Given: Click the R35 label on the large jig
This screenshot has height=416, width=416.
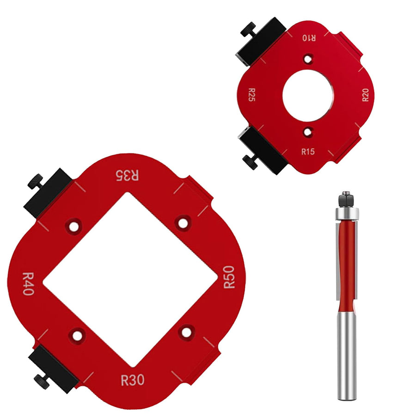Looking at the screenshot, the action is click(x=128, y=175).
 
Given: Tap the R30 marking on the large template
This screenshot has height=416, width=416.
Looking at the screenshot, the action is click(x=133, y=380).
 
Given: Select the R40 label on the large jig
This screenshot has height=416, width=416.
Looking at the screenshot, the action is click(x=28, y=284).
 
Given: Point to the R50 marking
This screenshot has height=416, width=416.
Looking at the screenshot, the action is click(x=229, y=277).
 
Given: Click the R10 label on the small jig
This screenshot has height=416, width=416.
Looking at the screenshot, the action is click(x=309, y=38).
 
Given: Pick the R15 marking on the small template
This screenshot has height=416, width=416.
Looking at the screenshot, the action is click(x=308, y=152).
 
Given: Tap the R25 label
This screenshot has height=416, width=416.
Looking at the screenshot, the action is click(x=251, y=95).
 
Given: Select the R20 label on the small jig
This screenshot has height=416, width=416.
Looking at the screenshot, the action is click(x=366, y=95).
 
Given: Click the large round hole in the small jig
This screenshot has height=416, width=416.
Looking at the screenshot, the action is click(x=308, y=96).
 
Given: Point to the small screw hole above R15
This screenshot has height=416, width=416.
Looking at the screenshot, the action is click(x=308, y=132).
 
